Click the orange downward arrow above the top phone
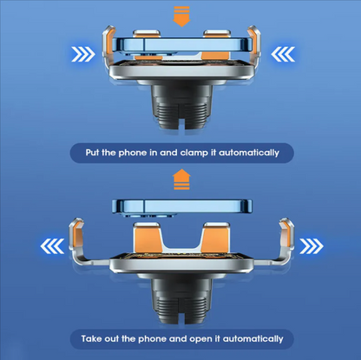coord(181,16)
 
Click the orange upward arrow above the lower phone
coord(181,180)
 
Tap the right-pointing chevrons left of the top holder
coord(83,54)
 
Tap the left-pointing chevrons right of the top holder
coord(283,54)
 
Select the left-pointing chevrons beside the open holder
coord(52,246)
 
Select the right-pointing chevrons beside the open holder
coord(312,246)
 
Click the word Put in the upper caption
coord(92,153)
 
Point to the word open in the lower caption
coord(201,339)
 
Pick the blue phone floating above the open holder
coord(182,207)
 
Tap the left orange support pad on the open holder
coord(146,238)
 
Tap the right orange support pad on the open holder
coord(216,238)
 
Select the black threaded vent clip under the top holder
coord(181,107)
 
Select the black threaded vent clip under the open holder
coord(181,302)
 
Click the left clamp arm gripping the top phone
coord(108,49)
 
